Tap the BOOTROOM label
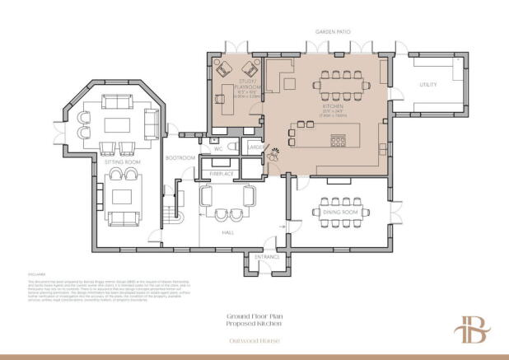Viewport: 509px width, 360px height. coord(180,157)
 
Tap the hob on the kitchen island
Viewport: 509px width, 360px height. coord(339,139)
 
